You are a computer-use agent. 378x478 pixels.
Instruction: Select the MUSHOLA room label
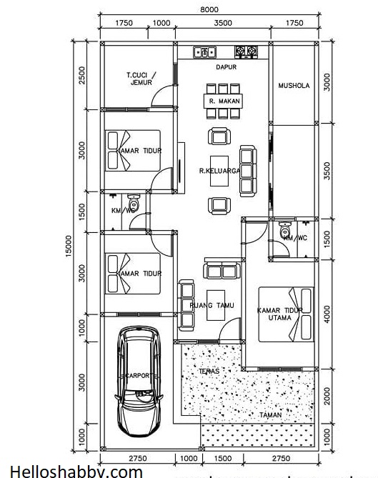click(294, 86)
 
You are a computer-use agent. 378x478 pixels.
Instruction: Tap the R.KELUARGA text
click(220, 171)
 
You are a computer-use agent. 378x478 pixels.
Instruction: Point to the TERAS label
click(212, 372)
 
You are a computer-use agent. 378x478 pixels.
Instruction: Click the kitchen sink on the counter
click(204, 51)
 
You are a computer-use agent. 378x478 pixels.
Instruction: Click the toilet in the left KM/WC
click(133, 201)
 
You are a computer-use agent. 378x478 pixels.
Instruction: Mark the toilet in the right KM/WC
click(287, 231)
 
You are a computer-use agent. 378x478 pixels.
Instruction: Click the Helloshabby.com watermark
click(71, 472)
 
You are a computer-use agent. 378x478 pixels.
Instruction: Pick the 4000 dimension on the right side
click(327, 312)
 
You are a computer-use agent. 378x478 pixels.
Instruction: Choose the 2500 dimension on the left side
click(83, 74)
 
